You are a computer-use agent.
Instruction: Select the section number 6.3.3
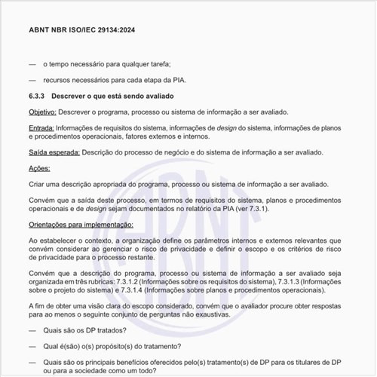click(38, 96)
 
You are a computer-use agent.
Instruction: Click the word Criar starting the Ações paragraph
click(38, 183)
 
